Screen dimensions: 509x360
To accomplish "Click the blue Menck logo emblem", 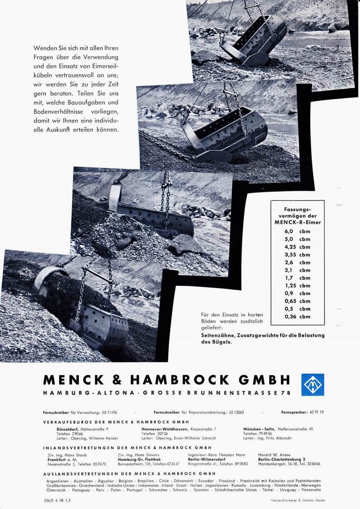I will pos(312,384).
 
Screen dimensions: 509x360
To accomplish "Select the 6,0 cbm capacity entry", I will pos(297,231).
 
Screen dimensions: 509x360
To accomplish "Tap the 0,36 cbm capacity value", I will pos(297,317).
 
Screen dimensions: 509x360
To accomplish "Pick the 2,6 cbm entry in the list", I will pos(297,262).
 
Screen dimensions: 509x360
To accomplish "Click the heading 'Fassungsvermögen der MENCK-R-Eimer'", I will pos(297,216).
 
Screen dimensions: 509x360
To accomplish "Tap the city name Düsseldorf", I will pos(68,429).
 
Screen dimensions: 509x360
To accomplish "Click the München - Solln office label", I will pos(259,429).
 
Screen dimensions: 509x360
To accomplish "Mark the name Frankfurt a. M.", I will pos(62,459).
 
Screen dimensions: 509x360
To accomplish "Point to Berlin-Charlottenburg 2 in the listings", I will pos(281,459).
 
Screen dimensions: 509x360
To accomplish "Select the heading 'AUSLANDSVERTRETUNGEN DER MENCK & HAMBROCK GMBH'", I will pos(129,474).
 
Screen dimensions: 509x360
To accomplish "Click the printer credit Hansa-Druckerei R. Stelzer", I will pos(297,500).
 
